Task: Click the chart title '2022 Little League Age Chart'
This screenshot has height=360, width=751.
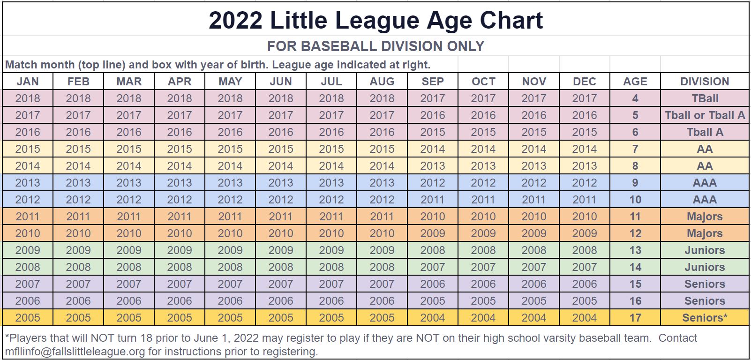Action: (375, 20)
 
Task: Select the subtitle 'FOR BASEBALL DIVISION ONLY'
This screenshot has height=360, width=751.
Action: (375, 46)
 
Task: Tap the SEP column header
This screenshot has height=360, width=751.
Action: (432, 82)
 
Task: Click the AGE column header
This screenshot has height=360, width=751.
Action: (635, 82)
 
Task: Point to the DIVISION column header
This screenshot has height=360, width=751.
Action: (704, 82)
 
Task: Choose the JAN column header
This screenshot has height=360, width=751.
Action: (28, 82)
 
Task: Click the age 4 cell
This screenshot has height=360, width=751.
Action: (635, 98)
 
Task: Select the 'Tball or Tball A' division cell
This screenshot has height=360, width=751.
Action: (704, 115)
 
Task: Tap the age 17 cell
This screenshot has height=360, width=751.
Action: (635, 318)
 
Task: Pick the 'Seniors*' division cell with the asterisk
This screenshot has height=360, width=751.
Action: (704, 318)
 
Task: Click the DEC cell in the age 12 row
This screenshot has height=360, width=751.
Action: (584, 233)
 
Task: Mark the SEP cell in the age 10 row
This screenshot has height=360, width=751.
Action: (432, 200)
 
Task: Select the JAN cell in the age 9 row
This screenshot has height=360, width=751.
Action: (28, 183)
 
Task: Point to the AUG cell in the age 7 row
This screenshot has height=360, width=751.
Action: (382, 149)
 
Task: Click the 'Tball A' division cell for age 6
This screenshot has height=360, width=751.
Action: (704, 132)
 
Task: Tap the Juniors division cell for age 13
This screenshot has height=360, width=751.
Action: (704, 250)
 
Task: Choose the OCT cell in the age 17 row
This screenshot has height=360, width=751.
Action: (483, 318)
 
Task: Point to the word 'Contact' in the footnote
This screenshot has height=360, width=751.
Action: (677, 338)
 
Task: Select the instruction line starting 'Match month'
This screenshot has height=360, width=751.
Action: (218, 65)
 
